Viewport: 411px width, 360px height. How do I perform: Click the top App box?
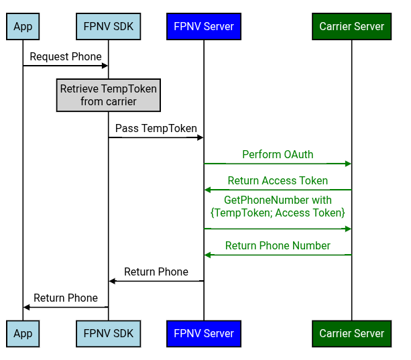pos(23,27)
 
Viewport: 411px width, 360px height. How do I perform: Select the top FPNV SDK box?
pos(108,27)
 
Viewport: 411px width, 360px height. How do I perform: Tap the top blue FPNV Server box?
pos(204,27)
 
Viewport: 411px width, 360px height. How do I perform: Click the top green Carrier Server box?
pos(351,27)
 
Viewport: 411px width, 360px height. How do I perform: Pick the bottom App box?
pos(23,333)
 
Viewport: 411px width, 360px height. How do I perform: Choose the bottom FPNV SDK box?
pos(108,333)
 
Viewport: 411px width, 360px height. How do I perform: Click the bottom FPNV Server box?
pos(204,333)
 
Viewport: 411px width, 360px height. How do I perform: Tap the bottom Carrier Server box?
pos(351,333)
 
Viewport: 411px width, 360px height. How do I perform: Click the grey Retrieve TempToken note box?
pos(108,95)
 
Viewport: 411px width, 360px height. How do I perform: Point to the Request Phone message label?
pos(66,57)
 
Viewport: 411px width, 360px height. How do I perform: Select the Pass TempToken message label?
pos(156,128)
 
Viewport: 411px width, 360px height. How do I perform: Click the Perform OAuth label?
pos(278,154)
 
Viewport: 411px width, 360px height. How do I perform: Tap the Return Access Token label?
pos(278,180)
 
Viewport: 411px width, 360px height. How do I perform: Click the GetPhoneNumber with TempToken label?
pos(278,206)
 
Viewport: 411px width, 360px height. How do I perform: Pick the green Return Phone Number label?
pos(278,246)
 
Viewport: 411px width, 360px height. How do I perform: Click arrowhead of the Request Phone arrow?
pos(105,66)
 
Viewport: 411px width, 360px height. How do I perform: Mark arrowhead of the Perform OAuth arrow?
pos(348,164)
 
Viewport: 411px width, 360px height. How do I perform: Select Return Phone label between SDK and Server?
pos(156,272)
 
